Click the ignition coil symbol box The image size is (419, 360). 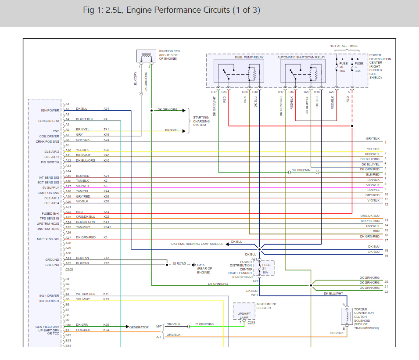click(146, 56)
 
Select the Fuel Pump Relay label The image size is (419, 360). click(249, 57)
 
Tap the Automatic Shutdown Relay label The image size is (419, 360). click(301, 57)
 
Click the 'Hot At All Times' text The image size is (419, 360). click(344, 46)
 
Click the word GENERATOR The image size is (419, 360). click(139, 327)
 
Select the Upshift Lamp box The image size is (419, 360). click(244, 311)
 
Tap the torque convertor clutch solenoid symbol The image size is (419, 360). click(347, 316)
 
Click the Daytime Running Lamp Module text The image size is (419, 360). click(197, 244)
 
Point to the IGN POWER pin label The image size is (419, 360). click(50, 111)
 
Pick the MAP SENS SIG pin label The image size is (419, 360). click(48, 239)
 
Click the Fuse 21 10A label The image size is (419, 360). click(266, 269)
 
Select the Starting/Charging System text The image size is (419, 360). click(201, 121)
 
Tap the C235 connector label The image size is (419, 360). click(251, 323)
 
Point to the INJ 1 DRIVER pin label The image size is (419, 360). click(49, 296)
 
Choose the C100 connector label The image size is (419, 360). click(69, 269)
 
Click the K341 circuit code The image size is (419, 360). click(107, 227)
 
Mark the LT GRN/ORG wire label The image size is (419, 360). click(204, 324)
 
